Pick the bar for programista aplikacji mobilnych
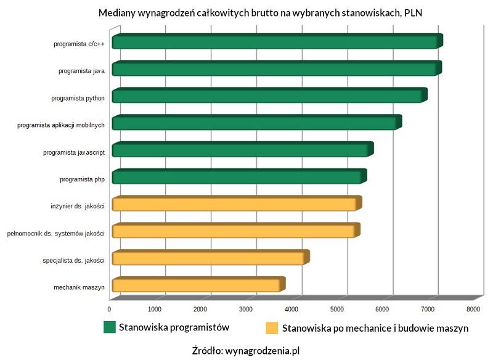[256, 123]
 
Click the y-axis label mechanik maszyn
[79, 287]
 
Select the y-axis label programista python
[78, 97]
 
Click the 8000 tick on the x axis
[473, 308]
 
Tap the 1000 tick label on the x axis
[154, 308]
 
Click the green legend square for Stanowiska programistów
[110, 327]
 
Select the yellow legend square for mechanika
[271, 327]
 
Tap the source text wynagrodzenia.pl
[262, 350]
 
